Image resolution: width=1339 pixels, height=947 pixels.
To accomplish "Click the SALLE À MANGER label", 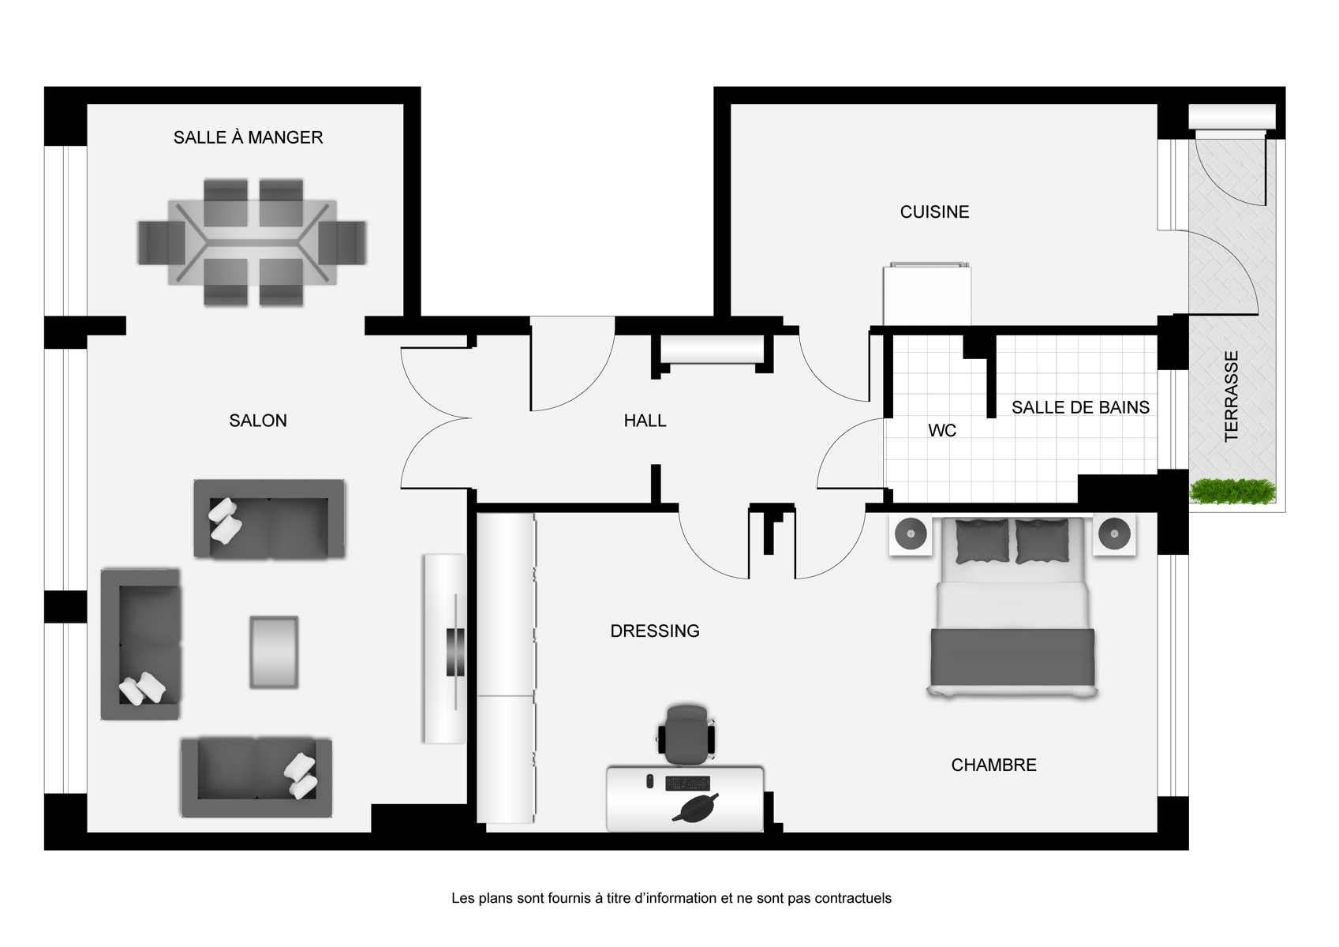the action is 248,137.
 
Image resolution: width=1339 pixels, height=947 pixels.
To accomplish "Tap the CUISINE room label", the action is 934,211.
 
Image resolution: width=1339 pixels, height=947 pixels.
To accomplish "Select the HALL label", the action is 645,421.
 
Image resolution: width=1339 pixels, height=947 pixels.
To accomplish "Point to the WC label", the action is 942,430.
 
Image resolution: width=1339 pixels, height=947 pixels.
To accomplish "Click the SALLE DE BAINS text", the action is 1080,408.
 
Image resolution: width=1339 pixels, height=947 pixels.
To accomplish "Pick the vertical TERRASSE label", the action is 1232,396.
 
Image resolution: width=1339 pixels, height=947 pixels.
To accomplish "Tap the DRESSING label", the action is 655,631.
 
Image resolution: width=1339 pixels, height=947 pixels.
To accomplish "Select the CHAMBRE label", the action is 993,765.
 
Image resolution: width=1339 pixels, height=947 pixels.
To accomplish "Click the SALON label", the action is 258,421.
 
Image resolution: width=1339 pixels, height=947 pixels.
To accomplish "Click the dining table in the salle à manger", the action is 252,242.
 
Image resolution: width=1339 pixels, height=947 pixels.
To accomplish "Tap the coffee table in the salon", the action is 274,653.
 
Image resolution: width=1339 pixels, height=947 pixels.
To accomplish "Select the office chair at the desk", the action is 686,735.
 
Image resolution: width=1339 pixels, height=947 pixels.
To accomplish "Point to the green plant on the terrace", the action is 1232,492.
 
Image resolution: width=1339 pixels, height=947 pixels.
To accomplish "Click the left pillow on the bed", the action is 982,541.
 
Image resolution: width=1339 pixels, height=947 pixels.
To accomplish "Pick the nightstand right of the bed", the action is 1114,533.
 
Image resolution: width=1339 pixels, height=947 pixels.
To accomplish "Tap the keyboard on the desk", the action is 687,783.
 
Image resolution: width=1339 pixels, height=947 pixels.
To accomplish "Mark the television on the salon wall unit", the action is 455,652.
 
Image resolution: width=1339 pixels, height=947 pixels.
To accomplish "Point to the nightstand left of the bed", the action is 911,533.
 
